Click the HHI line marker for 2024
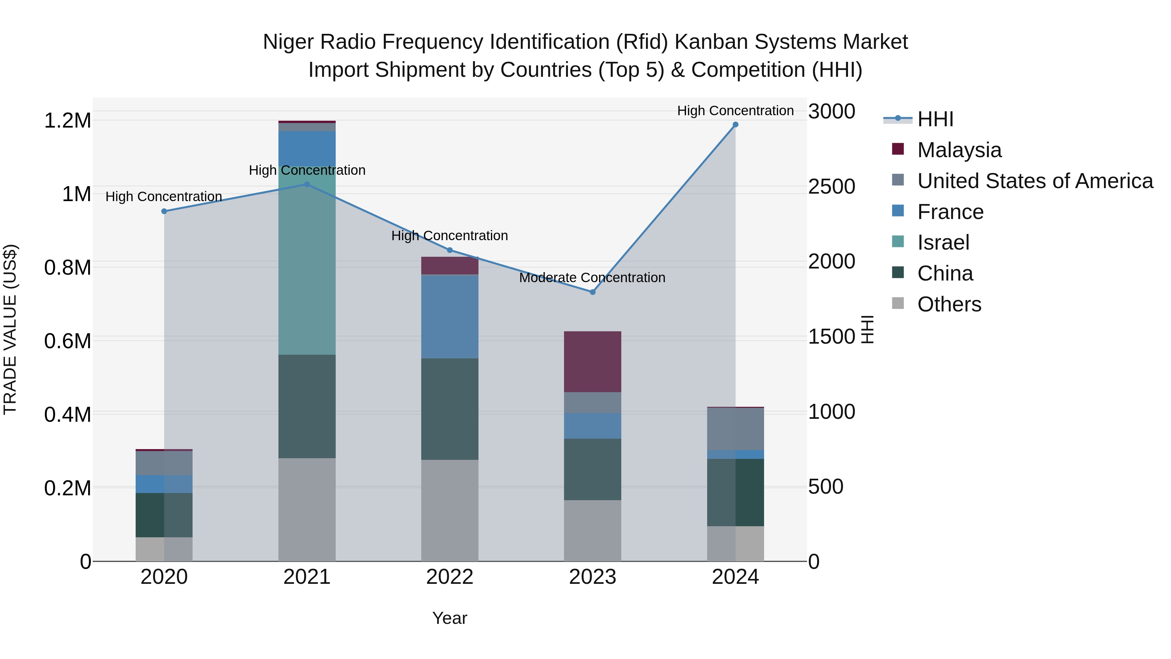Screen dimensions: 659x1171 [735, 125]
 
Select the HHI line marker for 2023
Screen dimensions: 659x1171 [592, 292]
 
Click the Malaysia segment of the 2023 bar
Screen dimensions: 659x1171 [592, 362]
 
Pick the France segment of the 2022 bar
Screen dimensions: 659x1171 [450, 317]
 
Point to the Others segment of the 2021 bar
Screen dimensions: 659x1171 [307, 509]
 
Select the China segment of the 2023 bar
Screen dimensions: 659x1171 [592, 469]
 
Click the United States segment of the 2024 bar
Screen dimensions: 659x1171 [735, 429]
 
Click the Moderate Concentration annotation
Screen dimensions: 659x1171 [592, 277]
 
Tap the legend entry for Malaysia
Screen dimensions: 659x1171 [959, 150]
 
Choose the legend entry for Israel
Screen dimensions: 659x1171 [943, 242]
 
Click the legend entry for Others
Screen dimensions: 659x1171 [949, 304]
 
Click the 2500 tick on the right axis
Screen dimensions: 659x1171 [831, 186]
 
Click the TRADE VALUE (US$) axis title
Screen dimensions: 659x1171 [10, 329]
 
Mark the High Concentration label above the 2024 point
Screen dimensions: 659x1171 [735, 111]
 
